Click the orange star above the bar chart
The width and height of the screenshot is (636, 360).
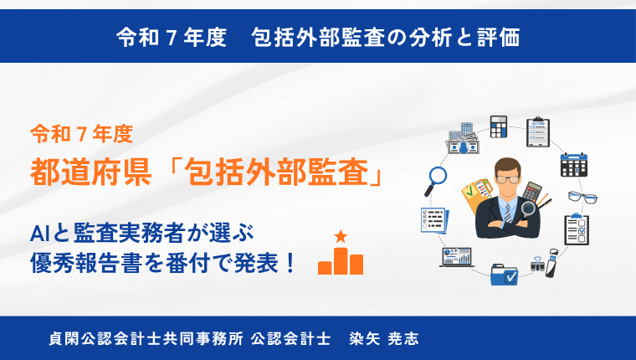[341, 236]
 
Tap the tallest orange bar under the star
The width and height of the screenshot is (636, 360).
[341, 261]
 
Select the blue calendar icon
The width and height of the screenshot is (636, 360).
[573, 164]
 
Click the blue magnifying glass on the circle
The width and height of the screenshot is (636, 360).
[436, 181]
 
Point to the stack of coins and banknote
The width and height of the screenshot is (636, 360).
[464, 138]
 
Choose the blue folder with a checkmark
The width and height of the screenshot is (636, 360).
[504, 275]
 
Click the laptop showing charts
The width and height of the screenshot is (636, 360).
[457, 257]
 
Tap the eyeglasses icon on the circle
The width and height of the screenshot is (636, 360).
[582, 198]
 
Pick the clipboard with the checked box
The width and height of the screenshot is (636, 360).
[577, 229]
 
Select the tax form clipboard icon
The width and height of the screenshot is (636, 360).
[538, 132]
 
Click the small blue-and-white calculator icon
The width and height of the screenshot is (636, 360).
[499, 126]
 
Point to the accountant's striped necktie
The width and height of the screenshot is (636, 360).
[508, 213]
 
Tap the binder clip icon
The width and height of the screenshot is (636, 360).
[537, 265]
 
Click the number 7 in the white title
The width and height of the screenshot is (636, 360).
[172, 38]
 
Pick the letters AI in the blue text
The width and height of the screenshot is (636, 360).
[40, 234]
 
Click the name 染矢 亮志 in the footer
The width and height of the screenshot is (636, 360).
[384, 338]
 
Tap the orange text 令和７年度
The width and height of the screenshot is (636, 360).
[82, 134]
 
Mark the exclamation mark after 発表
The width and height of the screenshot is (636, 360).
[290, 263]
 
